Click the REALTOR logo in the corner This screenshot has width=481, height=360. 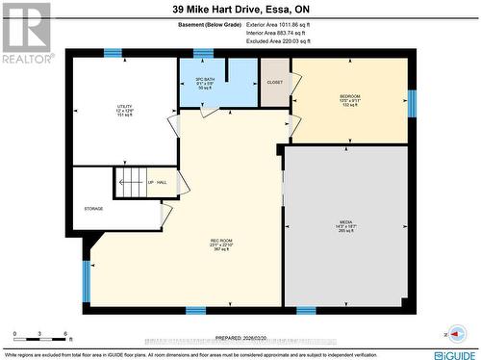tap(26, 33)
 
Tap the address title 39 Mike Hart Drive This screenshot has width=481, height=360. tap(240, 10)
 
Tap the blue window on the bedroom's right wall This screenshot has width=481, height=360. tap(412, 103)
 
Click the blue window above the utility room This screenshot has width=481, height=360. tap(113, 53)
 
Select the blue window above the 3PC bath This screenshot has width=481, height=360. tap(203, 53)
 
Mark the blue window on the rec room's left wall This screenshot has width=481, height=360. tap(86, 280)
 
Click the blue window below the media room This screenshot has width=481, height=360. tap(306, 311)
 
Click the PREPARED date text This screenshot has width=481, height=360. tap(241, 337)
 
